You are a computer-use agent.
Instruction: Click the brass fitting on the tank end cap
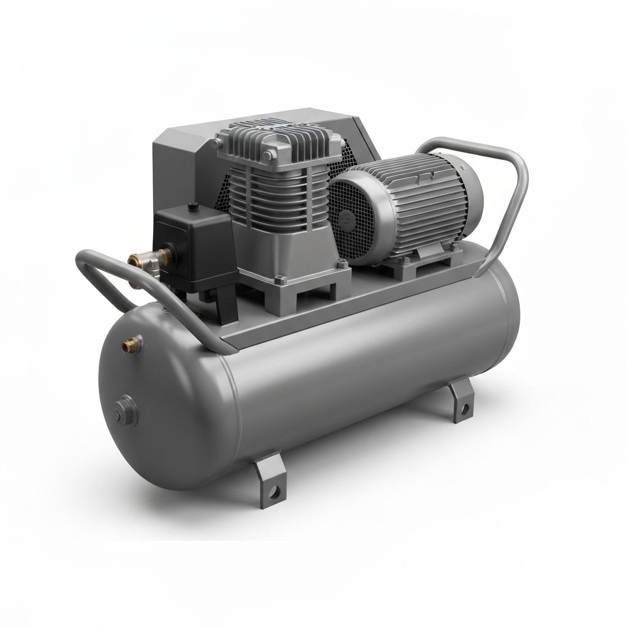coord(129,347)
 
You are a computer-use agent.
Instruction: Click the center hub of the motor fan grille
coord(351,217)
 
